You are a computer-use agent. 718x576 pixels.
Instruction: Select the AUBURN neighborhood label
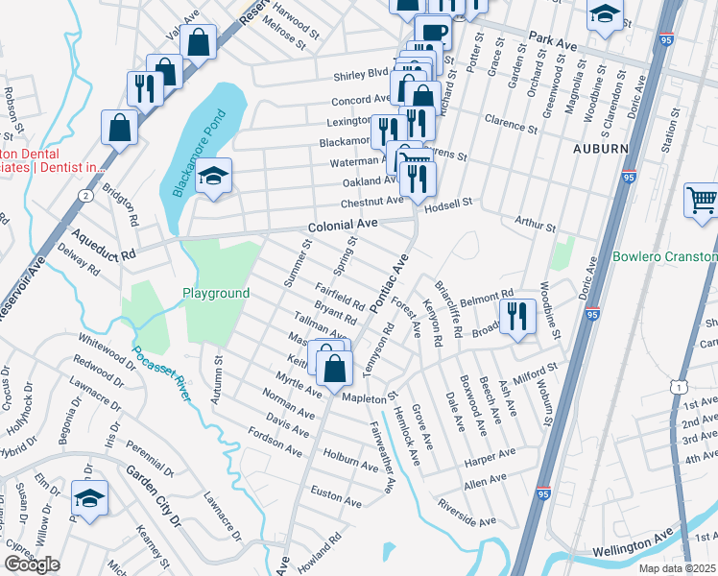pos(600,150)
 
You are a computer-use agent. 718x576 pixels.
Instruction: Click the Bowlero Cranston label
pos(665,257)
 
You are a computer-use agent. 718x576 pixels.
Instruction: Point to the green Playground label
pos(216,293)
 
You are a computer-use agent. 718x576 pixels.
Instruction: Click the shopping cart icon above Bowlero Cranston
pos(702,202)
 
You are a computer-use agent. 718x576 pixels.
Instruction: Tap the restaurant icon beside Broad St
pos(517,317)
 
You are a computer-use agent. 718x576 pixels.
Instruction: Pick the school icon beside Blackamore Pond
pos(214,177)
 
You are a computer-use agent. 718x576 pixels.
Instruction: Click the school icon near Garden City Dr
pos(89,499)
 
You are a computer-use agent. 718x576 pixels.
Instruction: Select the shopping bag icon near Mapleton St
pos(334,368)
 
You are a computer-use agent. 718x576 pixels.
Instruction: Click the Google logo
pos(32,564)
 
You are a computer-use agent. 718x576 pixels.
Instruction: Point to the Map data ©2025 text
pos(678,568)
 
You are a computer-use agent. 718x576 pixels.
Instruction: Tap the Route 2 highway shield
pos(85,196)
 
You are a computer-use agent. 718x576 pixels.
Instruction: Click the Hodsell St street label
pos(449,203)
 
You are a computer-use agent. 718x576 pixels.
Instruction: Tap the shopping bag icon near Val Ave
pos(199,43)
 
